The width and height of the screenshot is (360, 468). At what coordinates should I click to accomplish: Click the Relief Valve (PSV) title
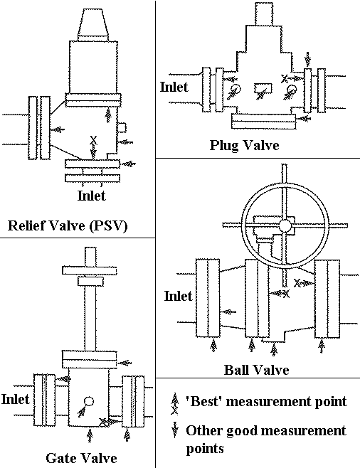click(x=68, y=226)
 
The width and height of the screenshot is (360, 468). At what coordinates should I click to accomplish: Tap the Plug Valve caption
click(x=244, y=145)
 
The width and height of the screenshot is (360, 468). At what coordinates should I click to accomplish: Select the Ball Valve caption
click(x=256, y=370)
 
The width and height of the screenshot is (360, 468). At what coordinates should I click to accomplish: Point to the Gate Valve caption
click(x=81, y=458)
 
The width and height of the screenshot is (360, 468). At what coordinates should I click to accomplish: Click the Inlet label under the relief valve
click(x=91, y=196)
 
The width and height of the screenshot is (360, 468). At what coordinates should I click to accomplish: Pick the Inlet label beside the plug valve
click(x=174, y=87)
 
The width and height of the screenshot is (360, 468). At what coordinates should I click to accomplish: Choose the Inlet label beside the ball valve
click(x=178, y=296)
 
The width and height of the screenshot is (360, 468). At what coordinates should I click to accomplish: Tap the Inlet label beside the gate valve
click(x=15, y=399)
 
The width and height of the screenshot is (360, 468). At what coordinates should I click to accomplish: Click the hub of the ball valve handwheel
click(x=285, y=226)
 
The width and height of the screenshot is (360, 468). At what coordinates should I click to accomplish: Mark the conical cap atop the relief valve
click(x=93, y=24)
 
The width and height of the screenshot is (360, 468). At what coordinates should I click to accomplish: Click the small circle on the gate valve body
click(x=89, y=401)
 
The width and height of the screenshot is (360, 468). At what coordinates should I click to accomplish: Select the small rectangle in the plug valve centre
click(x=263, y=88)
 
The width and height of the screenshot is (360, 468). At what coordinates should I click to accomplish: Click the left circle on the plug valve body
click(x=236, y=89)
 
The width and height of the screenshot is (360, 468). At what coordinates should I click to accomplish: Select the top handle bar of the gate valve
click(x=89, y=270)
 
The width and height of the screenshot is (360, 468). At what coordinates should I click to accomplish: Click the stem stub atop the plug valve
click(x=264, y=14)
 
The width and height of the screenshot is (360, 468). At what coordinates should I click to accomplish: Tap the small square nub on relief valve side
click(x=122, y=128)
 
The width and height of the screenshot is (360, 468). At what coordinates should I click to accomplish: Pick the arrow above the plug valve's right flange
click(x=308, y=60)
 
